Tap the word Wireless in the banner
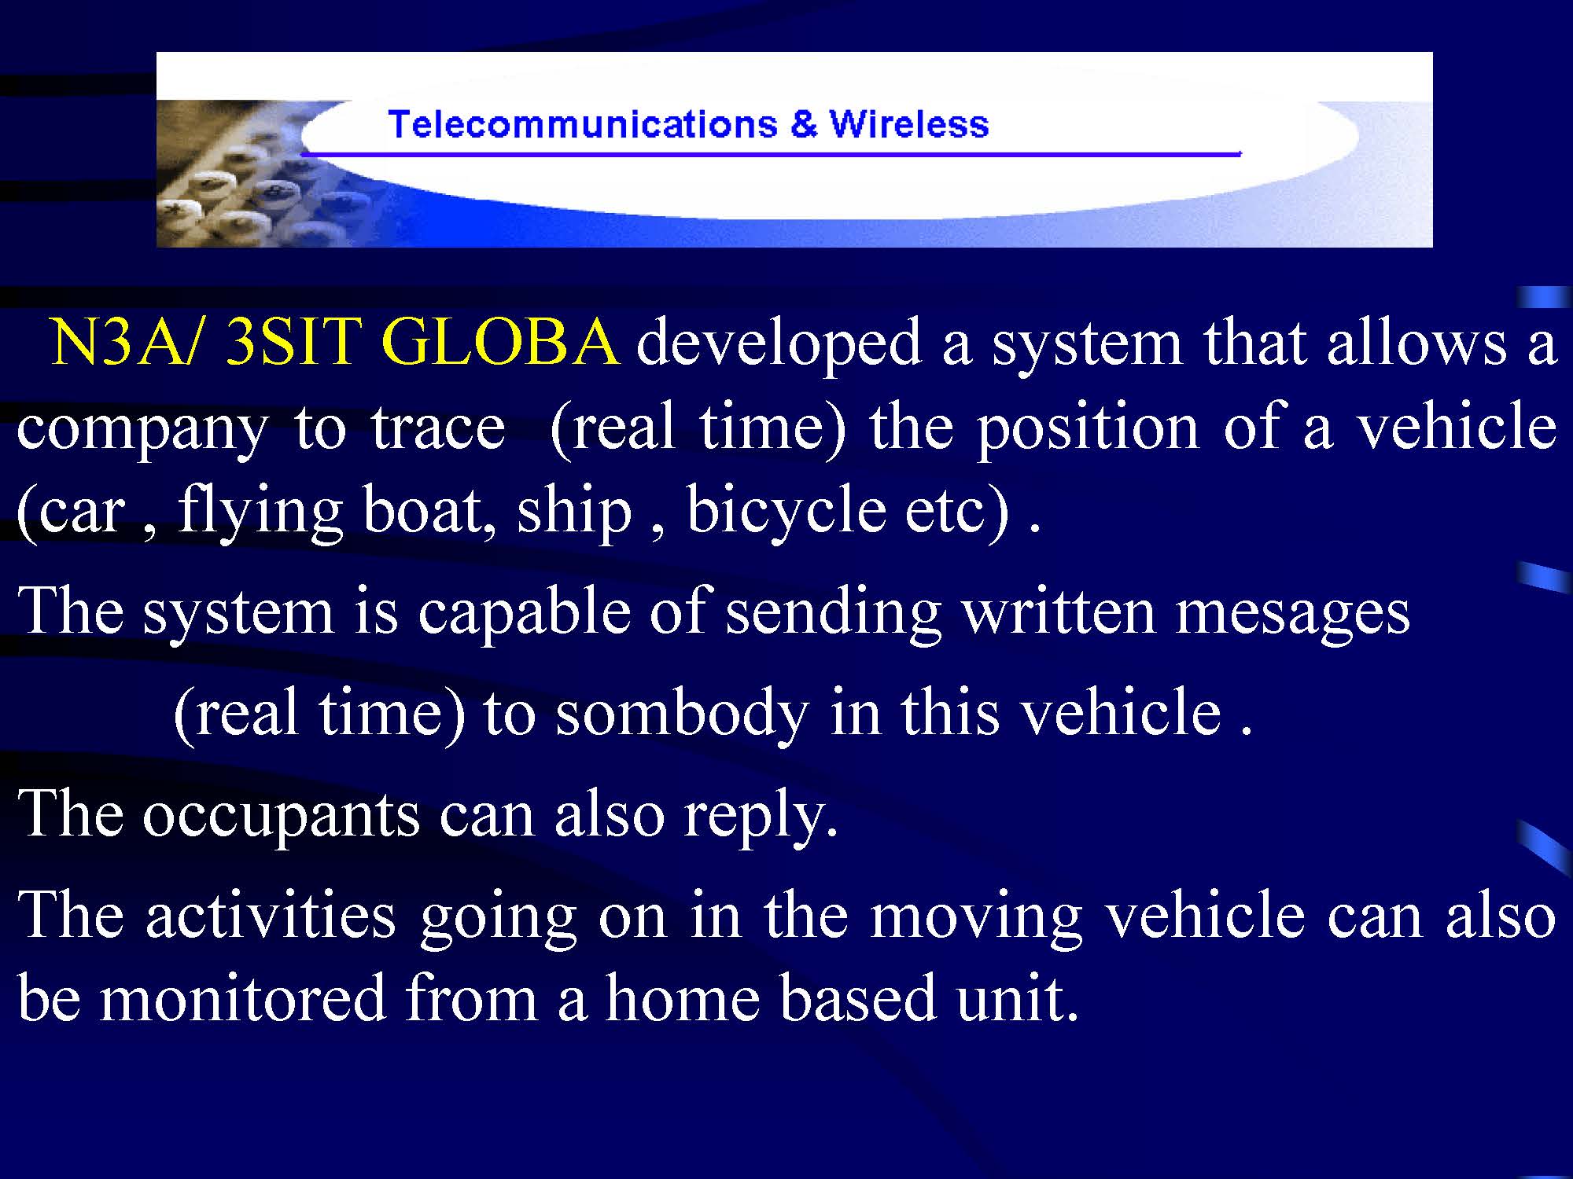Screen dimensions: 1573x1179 coord(909,124)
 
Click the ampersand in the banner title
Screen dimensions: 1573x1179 coord(804,124)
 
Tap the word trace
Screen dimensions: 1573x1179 coord(438,428)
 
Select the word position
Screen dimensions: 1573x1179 coord(1088,429)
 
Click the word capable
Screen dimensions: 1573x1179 coord(524,613)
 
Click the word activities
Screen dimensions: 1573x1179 coord(271,915)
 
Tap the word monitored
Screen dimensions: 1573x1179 coord(243,998)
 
